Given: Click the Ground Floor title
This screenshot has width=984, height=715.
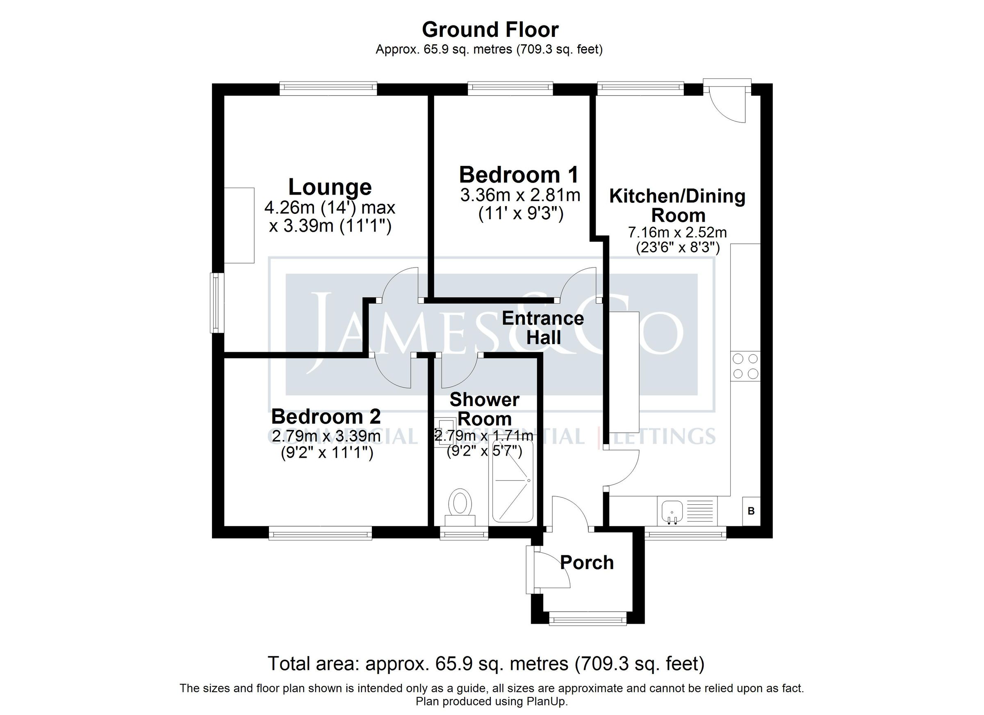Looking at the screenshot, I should [490, 30].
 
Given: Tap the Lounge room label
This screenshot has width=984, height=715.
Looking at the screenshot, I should [330, 187].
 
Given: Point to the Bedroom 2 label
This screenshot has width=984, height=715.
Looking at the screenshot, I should [326, 417].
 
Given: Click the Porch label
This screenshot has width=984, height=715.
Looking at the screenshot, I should [587, 563].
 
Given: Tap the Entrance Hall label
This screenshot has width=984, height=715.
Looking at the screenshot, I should [543, 328].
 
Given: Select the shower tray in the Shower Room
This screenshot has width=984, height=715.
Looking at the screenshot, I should [512, 481].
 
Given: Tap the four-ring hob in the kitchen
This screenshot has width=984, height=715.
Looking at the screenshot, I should [745, 366].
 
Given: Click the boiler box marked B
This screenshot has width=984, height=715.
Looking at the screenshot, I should [751, 511].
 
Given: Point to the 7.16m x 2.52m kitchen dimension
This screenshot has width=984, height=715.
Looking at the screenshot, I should [677, 232].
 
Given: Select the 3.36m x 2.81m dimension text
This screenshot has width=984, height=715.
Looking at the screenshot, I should [520, 195].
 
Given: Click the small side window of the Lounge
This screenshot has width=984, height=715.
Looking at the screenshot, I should [216, 302].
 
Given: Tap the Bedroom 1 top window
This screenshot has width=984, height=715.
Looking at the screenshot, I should [511, 88].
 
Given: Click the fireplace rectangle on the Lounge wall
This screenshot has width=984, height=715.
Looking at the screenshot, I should [239, 225].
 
